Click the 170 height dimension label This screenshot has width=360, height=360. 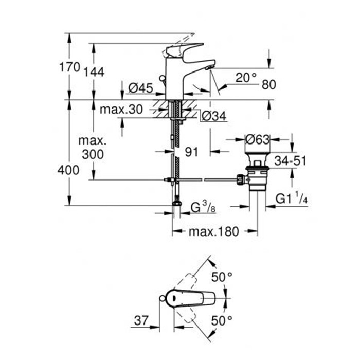[69, 67]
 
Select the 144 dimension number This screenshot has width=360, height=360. [94, 72]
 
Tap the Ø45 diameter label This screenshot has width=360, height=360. [140, 88]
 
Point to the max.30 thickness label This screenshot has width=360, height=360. [121, 110]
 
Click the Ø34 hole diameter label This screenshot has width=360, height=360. [214, 116]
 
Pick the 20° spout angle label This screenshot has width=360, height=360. [246, 78]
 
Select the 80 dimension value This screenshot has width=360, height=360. [269, 85]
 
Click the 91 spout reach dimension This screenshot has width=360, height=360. [191, 152]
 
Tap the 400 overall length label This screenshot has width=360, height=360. [68, 170]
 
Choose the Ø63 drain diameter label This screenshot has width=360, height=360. [257, 139]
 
